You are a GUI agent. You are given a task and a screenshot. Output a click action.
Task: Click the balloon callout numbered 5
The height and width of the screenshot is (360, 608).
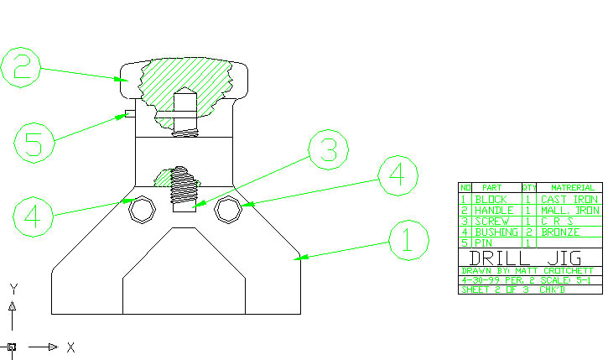coord(34,142)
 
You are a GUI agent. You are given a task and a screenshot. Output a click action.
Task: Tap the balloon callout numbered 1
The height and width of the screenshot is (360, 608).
coord(408,243)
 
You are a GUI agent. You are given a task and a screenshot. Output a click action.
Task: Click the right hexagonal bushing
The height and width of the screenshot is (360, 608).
coord(225,210)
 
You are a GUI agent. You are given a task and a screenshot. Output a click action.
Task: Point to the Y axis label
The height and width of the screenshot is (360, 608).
coord(13,289)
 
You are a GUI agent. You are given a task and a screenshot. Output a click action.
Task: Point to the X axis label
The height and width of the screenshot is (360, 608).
coord(71,347)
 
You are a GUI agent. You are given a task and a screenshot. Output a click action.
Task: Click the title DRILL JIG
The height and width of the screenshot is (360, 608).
coord(527,258)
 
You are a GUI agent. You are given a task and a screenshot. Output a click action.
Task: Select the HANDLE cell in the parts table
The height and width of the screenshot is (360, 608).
coord(493,210)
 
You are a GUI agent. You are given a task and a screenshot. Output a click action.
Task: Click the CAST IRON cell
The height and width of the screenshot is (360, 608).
coord(568,199)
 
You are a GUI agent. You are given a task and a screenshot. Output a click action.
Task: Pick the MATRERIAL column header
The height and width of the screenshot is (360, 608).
coord(568,188)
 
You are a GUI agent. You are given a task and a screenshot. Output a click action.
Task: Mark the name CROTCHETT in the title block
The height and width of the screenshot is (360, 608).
coord(564,271)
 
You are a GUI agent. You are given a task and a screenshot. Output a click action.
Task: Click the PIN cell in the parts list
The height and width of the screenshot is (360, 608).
coord(485,242)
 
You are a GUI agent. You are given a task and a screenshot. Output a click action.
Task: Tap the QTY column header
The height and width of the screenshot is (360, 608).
coord(528,188)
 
